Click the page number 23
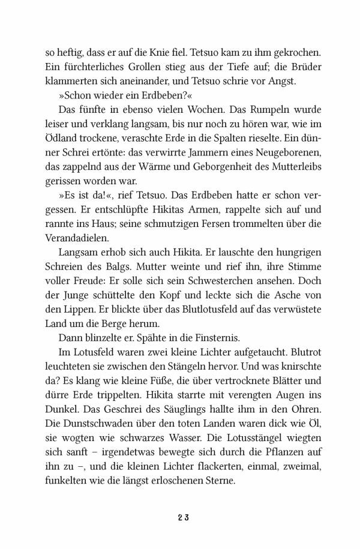point(180,518)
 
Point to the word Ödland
point(61,143)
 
